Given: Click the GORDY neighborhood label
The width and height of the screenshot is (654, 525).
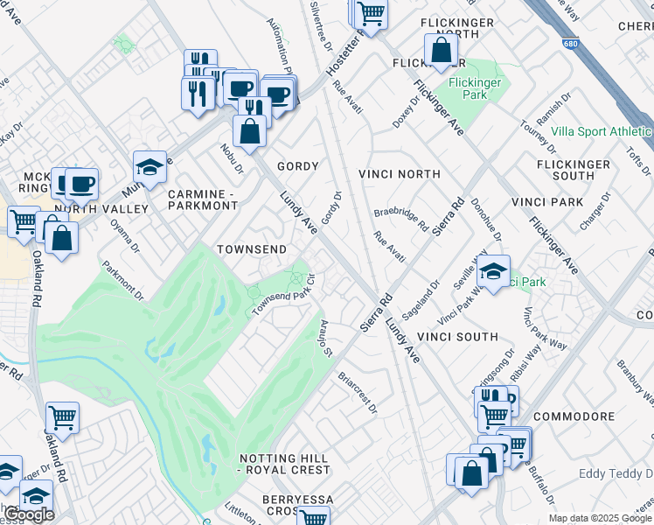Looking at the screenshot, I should (x=297, y=165).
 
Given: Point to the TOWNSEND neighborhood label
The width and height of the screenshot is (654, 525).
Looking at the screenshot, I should (x=252, y=249).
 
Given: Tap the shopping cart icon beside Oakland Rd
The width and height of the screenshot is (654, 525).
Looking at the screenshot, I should (x=62, y=418).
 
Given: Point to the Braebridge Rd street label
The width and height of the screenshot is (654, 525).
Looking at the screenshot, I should (x=401, y=219).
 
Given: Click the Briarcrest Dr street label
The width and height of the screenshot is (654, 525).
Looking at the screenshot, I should (x=357, y=393).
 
